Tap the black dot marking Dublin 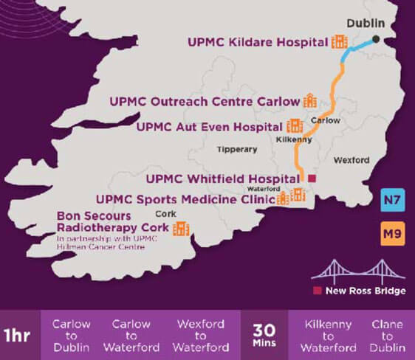click(x=377, y=39)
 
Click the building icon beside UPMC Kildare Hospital click(x=340, y=42)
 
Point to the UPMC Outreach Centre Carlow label click(x=205, y=100)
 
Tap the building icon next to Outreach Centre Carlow click(x=311, y=100)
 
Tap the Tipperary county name click(x=236, y=150)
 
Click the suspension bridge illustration click(x=359, y=269)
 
